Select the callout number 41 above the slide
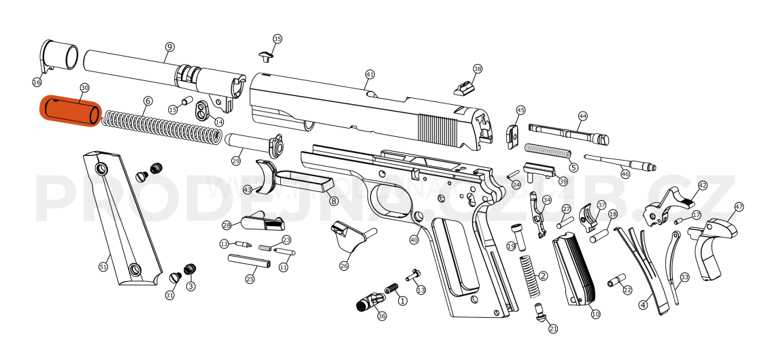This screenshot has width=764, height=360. [x=369, y=74]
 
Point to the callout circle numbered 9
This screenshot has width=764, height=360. [x=169, y=47]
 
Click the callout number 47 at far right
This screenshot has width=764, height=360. [x=739, y=207]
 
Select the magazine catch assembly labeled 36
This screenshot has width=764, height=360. [x=371, y=299]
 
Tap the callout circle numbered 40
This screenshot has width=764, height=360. [x=414, y=240]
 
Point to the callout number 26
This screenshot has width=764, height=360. [x=344, y=266]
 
